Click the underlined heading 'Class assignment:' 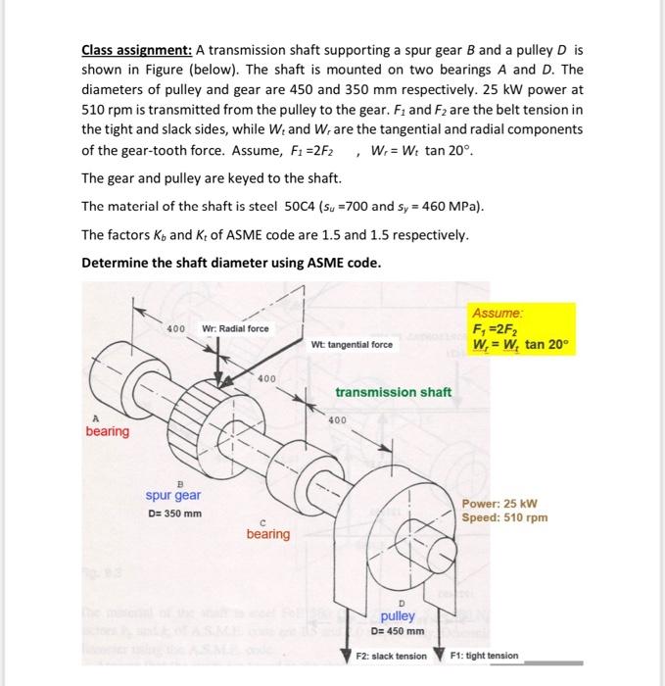click(x=136, y=49)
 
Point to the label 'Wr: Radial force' click(x=235, y=327)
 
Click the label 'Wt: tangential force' click(x=352, y=344)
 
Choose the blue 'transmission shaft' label click(x=393, y=392)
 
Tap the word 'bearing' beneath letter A click(x=107, y=432)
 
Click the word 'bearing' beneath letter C click(x=267, y=534)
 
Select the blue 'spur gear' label click(x=174, y=496)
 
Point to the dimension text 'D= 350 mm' click(x=174, y=514)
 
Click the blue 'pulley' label click(x=399, y=615)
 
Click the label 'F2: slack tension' click(x=391, y=654)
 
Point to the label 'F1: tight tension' click(x=484, y=654)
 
